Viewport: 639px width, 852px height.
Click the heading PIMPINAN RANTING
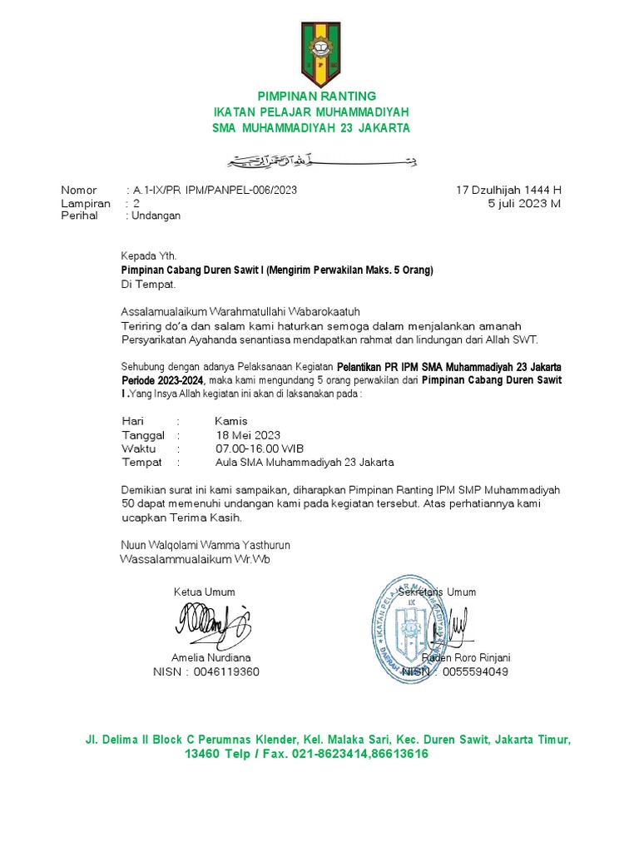point(311,96)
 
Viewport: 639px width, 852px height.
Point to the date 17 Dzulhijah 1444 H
point(509,190)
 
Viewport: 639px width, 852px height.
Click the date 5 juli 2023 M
point(524,203)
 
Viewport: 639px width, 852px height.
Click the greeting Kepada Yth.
point(149,256)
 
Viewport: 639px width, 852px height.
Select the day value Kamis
point(231,421)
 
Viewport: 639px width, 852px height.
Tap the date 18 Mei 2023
point(247,435)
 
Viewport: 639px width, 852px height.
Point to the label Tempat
point(142,462)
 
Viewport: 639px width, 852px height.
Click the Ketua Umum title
point(204,592)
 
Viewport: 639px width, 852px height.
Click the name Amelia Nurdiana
point(211,657)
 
